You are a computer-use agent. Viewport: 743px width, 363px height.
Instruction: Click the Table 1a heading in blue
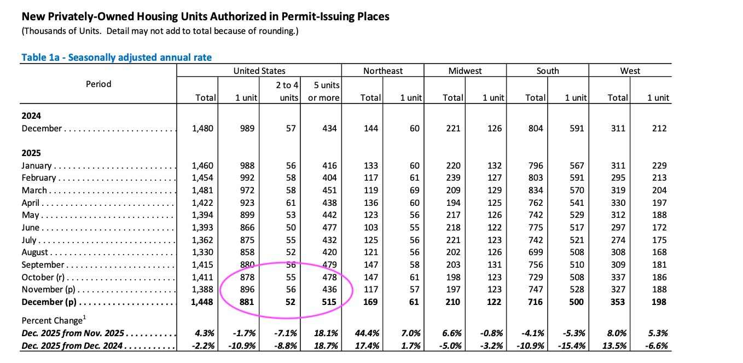(x=116, y=57)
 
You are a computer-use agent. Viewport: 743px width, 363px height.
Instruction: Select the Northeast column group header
(x=382, y=71)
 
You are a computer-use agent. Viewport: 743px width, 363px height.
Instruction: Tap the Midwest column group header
(x=465, y=71)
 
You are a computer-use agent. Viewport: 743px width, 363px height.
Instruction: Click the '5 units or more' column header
(x=327, y=91)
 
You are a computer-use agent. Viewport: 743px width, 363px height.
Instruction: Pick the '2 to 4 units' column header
(x=287, y=91)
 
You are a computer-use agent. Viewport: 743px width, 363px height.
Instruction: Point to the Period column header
(x=98, y=84)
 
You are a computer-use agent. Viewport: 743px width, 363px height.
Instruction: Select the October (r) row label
(x=46, y=278)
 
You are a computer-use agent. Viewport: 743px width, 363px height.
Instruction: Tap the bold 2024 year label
(x=31, y=116)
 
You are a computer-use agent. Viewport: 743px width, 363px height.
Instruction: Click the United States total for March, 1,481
(x=202, y=191)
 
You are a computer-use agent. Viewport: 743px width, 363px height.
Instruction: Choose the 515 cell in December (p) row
(x=329, y=302)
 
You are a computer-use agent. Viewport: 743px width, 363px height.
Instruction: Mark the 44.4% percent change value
(x=369, y=333)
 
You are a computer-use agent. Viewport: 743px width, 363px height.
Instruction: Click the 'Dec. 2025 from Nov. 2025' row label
(x=72, y=333)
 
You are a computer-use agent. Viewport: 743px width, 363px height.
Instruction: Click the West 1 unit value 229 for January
(x=659, y=166)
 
